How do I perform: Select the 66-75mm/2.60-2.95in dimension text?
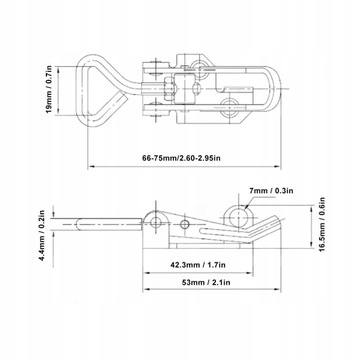(x=181, y=158)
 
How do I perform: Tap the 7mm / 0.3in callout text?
(x=271, y=191)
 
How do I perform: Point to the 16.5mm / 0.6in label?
(x=322, y=224)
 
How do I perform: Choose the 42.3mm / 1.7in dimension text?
(x=198, y=265)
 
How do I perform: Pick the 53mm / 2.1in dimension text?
(x=206, y=282)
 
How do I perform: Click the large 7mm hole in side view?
(x=240, y=216)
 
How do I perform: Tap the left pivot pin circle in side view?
(x=156, y=222)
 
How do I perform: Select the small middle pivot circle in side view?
(x=185, y=224)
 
